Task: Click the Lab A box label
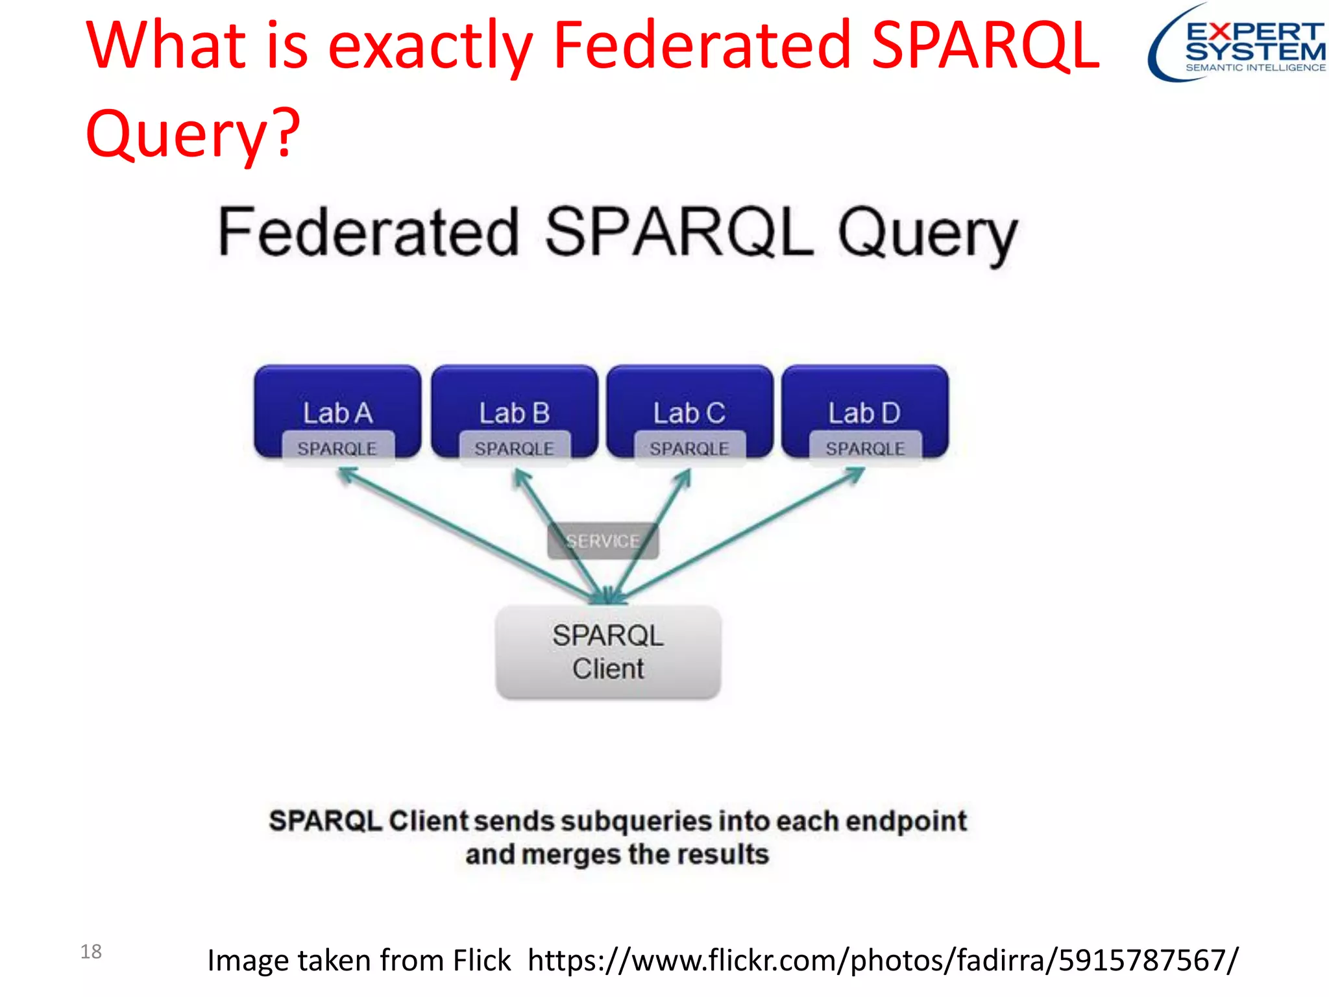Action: pyautogui.click(x=337, y=413)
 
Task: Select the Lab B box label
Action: pyautogui.click(x=514, y=413)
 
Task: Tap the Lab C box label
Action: pyautogui.click(x=689, y=413)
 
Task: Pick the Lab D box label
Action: pyautogui.click(x=864, y=413)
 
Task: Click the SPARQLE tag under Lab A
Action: pyautogui.click(x=337, y=449)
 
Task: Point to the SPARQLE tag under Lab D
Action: pyautogui.click(x=865, y=449)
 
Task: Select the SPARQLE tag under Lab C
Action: pyautogui.click(x=689, y=449)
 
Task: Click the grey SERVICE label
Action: pyautogui.click(x=603, y=541)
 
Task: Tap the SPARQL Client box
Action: pyautogui.click(x=608, y=652)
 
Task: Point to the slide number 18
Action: pyautogui.click(x=91, y=952)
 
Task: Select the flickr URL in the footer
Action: pyautogui.click(x=883, y=960)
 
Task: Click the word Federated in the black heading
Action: pyautogui.click(x=369, y=233)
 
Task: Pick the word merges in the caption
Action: pyautogui.click(x=567, y=855)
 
